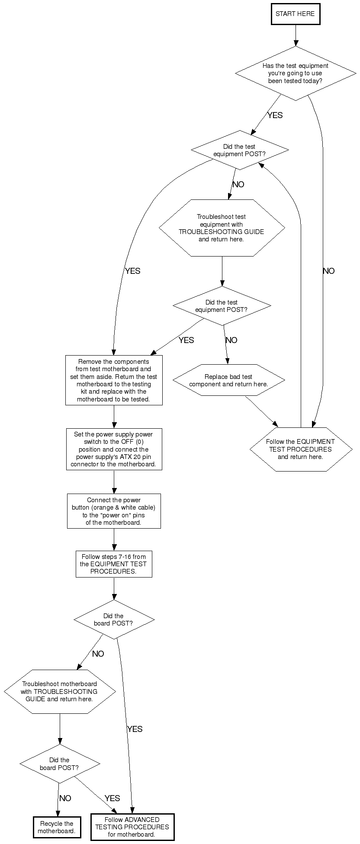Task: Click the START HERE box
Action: pos(296,14)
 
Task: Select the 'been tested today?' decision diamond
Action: pos(296,73)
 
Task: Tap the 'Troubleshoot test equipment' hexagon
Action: pos(222,228)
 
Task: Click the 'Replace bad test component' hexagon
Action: pos(228,380)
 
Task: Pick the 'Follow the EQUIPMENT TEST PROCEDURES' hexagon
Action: pos(301,449)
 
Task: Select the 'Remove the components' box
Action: pos(114,380)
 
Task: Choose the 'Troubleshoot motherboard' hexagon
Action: pos(60,691)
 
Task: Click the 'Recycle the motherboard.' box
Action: pos(57,827)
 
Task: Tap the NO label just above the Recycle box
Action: pos(65,798)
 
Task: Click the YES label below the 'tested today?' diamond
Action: pos(275,115)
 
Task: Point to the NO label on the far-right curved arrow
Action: pos(328,271)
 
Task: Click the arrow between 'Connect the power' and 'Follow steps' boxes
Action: pos(114,539)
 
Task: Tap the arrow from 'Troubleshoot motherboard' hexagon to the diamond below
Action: pos(60,728)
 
